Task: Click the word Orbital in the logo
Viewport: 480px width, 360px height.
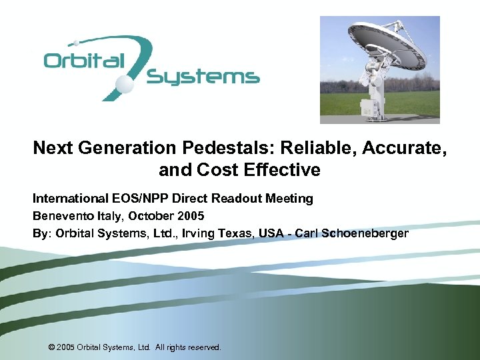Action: [x=84, y=61]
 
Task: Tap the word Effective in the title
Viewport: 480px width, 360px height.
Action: [x=283, y=170]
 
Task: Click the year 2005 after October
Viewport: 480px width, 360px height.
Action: [x=191, y=216]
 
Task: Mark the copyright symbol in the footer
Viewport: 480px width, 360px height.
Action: [x=52, y=347]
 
